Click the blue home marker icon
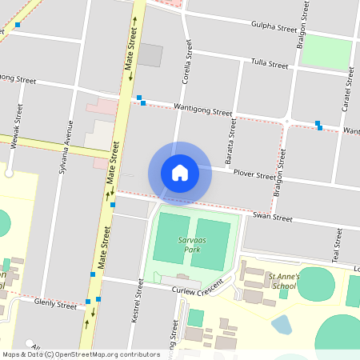[180, 173]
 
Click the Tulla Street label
[269, 63]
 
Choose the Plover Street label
[254, 174]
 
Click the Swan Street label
[272, 216]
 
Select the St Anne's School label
[285, 281]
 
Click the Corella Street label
[187, 64]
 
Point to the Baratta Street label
[232, 142]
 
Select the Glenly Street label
[55, 302]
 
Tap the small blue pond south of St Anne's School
[282, 324]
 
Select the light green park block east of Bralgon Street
[326, 51]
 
